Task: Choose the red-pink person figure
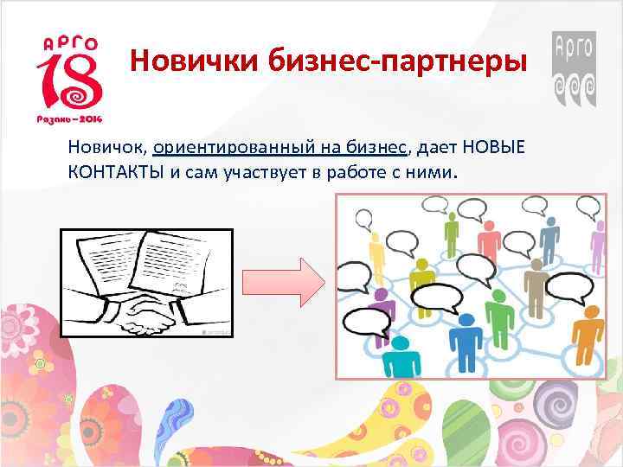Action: click(x=489, y=238)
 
